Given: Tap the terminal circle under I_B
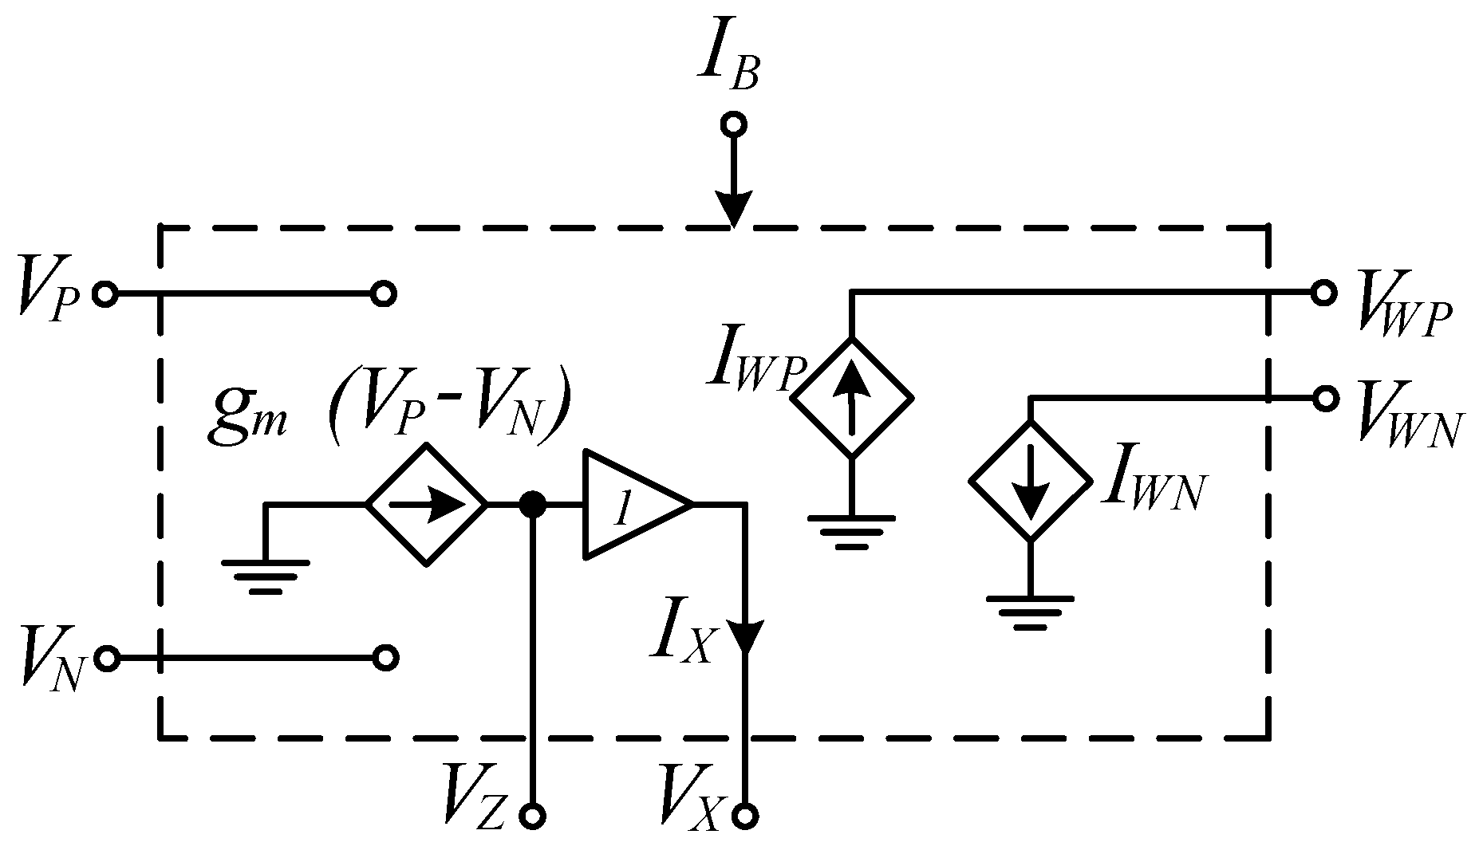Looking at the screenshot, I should tap(732, 125).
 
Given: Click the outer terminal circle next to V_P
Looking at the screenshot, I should tap(105, 294).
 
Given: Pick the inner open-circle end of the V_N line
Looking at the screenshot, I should tap(385, 659).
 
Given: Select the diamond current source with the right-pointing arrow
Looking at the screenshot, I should tap(426, 505).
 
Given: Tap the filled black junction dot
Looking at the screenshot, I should tap(532, 504).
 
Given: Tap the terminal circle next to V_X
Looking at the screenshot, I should tap(748, 816).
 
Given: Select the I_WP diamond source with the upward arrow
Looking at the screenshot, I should tap(851, 397).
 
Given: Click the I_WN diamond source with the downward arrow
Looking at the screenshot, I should tap(1030, 482).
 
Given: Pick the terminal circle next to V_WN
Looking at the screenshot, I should tap(1324, 398).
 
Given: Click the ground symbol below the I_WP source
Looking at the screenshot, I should tap(851, 531).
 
